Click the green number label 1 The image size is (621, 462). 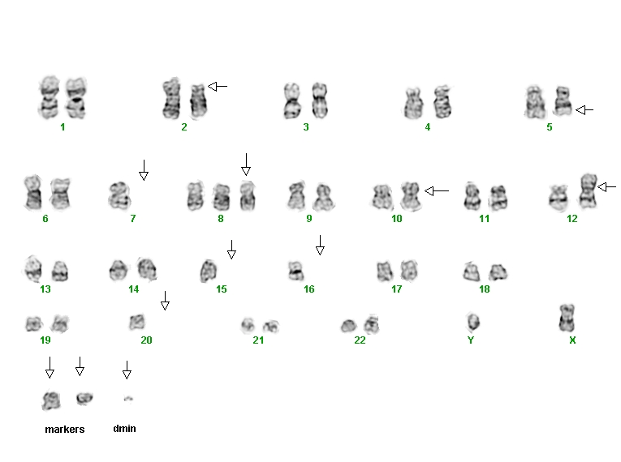(x=63, y=127)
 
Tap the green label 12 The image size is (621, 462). (x=572, y=218)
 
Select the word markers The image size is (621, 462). (x=65, y=429)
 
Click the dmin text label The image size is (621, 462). (x=124, y=429)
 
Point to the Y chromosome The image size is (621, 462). (x=472, y=322)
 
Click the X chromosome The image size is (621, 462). (x=567, y=318)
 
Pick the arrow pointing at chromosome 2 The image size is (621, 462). (x=218, y=86)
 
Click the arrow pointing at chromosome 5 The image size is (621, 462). (x=584, y=110)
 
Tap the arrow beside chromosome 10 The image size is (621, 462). (x=437, y=191)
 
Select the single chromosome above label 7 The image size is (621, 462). (x=119, y=195)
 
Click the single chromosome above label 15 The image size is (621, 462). (x=209, y=271)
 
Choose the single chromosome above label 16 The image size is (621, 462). (x=295, y=271)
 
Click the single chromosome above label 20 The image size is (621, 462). (x=137, y=322)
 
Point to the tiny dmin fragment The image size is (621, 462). (x=128, y=399)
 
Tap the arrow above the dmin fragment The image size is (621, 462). (x=127, y=370)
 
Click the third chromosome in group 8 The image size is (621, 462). (x=247, y=196)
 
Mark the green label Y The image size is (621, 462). (x=471, y=340)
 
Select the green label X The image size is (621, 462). (x=572, y=340)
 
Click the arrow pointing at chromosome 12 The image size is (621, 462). (x=606, y=186)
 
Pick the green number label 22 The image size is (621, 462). (x=360, y=340)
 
